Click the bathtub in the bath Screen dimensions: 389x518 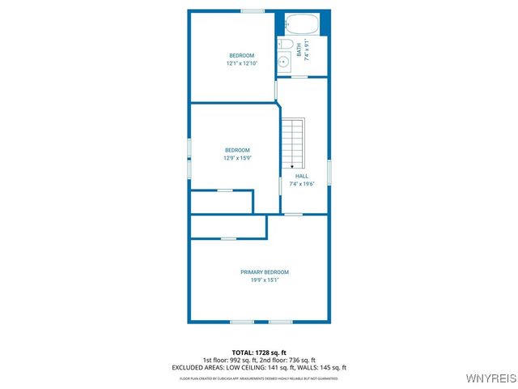(x=304, y=23)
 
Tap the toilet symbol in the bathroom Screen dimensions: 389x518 (x=285, y=45)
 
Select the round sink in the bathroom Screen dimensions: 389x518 (x=284, y=62)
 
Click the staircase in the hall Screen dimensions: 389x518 (x=293, y=142)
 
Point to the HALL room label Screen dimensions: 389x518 (x=301, y=176)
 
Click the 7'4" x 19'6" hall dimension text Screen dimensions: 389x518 (x=301, y=184)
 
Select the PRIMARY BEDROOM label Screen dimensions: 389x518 (x=264, y=272)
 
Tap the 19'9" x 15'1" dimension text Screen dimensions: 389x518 (x=264, y=280)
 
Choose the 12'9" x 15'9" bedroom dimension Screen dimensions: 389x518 (x=237, y=158)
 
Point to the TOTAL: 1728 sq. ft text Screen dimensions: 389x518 (x=258, y=353)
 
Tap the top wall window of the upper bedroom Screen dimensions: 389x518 (x=253, y=11)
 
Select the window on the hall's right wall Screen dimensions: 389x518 (x=329, y=172)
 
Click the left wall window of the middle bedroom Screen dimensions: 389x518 (x=189, y=159)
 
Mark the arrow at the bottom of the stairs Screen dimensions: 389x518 (x=293, y=165)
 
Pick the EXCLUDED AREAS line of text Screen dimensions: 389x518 (x=258, y=367)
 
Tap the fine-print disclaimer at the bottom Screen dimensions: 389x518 (x=258, y=378)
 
